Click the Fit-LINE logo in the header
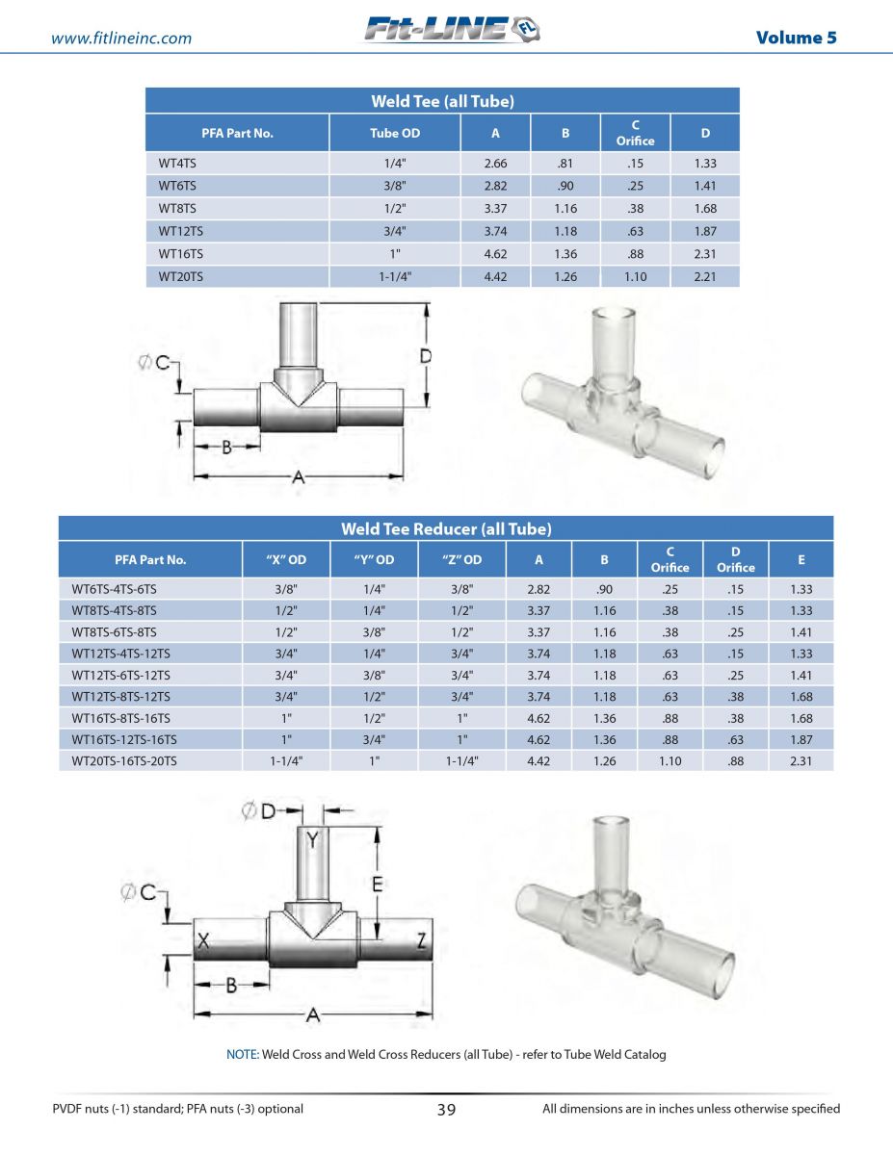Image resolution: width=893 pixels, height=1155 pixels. pyautogui.click(x=452, y=29)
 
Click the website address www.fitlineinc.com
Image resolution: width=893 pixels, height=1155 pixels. pyautogui.click(x=121, y=38)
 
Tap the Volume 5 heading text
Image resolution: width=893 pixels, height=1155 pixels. pyautogui.click(x=797, y=38)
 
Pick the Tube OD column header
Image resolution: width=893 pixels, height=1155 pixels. pyautogui.click(x=395, y=133)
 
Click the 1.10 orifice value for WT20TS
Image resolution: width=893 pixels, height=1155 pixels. pyautogui.click(x=635, y=276)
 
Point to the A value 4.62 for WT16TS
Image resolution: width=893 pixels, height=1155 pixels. pyautogui.click(x=495, y=253)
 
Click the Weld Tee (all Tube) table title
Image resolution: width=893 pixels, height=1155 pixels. pyautogui.click(x=442, y=101)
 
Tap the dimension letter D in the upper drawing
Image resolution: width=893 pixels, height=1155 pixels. pyautogui.click(x=426, y=356)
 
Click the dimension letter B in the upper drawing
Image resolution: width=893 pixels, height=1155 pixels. pyautogui.click(x=226, y=448)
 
